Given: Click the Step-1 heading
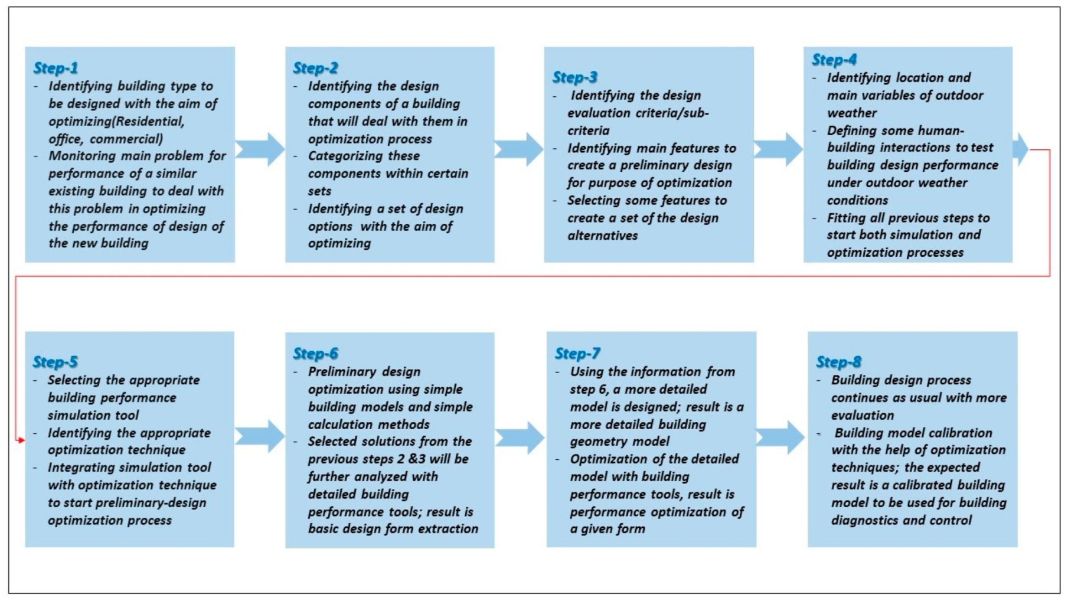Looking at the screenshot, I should [x=55, y=68].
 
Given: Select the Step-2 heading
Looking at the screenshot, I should [x=315, y=68].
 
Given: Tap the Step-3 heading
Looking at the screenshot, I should [x=574, y=77].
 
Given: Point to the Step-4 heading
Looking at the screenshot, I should [x=834, y=60].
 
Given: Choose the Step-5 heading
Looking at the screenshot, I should [x=55, y=362].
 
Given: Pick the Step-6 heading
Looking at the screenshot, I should [x=315, y=354].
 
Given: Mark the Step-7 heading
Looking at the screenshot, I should [x=577, y=354].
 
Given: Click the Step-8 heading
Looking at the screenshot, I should [x=838, y=362].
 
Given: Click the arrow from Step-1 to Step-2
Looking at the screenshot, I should [x=260, y=149].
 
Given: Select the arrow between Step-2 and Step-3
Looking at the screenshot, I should [x=519, y=149].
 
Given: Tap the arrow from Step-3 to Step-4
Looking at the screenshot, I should [x=778, y=149].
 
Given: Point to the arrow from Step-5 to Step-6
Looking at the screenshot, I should [x=260, y=436].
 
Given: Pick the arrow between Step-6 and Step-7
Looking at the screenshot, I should [x=520, y=437].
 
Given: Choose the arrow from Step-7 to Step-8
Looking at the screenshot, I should [x=780, y=437].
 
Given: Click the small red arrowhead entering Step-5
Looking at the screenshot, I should [x=21, y=440].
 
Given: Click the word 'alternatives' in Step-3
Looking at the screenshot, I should [x=602, y=236].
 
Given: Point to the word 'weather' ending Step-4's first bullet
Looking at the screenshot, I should [x=851, y=113].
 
